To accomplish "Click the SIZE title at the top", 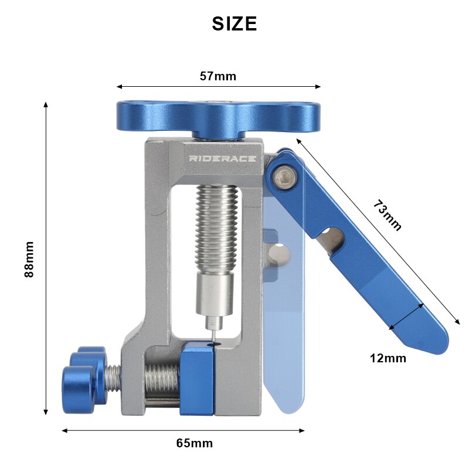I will pyautogui.click(x=235, y=23).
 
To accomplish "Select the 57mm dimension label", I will pyautogui.click(x=217, y=76).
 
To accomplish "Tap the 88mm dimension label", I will pyautogui.click(x=30, y=259).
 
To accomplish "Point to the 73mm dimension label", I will pyautogui.click(x=388, y=216).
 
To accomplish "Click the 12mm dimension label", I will pyautogui.click(x=388, y=358).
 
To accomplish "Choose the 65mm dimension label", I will pyautogui.click(x=194, y=443).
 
